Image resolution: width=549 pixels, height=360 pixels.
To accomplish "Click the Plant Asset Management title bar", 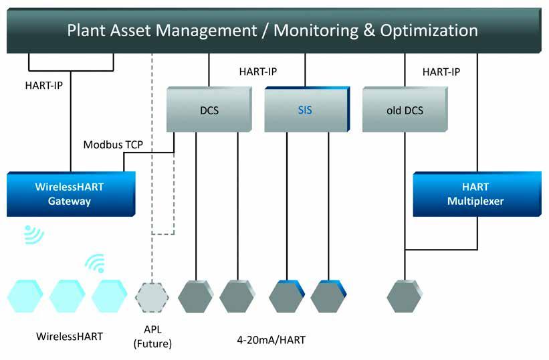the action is pos(274,31).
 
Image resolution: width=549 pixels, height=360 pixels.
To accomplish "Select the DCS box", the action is pos(209,109).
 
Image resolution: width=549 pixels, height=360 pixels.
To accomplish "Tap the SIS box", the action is pos(307,109).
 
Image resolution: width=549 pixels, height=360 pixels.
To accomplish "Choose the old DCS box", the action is pos(405,109).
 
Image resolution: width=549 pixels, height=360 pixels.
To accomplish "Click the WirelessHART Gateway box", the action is pos(71,194).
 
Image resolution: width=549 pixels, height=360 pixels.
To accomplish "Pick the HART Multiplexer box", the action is pos(477,194).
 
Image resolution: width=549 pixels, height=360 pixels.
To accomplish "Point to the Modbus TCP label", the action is pos(113,145).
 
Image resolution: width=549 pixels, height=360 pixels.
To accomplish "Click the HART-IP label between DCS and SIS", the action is pos(258,72).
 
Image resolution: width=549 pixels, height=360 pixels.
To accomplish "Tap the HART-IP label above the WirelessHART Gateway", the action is pos(43,86).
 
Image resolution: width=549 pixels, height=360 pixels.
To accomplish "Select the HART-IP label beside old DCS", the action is pos(441,72).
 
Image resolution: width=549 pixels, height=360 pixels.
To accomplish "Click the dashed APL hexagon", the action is pos(152,297).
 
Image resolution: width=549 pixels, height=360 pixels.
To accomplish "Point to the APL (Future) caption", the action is pos(152,337).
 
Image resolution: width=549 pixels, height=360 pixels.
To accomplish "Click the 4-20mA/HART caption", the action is pos(271,340).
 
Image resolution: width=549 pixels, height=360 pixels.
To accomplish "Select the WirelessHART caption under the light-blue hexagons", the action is pos(70,337).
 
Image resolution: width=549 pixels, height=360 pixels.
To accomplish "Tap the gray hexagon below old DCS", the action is pos(405,296).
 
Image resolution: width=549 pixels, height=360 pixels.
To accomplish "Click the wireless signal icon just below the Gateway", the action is pos(33,235).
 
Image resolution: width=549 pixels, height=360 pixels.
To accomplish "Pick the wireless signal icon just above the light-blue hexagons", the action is pos(95,264).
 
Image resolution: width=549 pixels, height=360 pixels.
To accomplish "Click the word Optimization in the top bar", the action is pos(429,31).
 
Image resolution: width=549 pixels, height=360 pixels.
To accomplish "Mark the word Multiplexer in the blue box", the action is pos(475,201).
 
